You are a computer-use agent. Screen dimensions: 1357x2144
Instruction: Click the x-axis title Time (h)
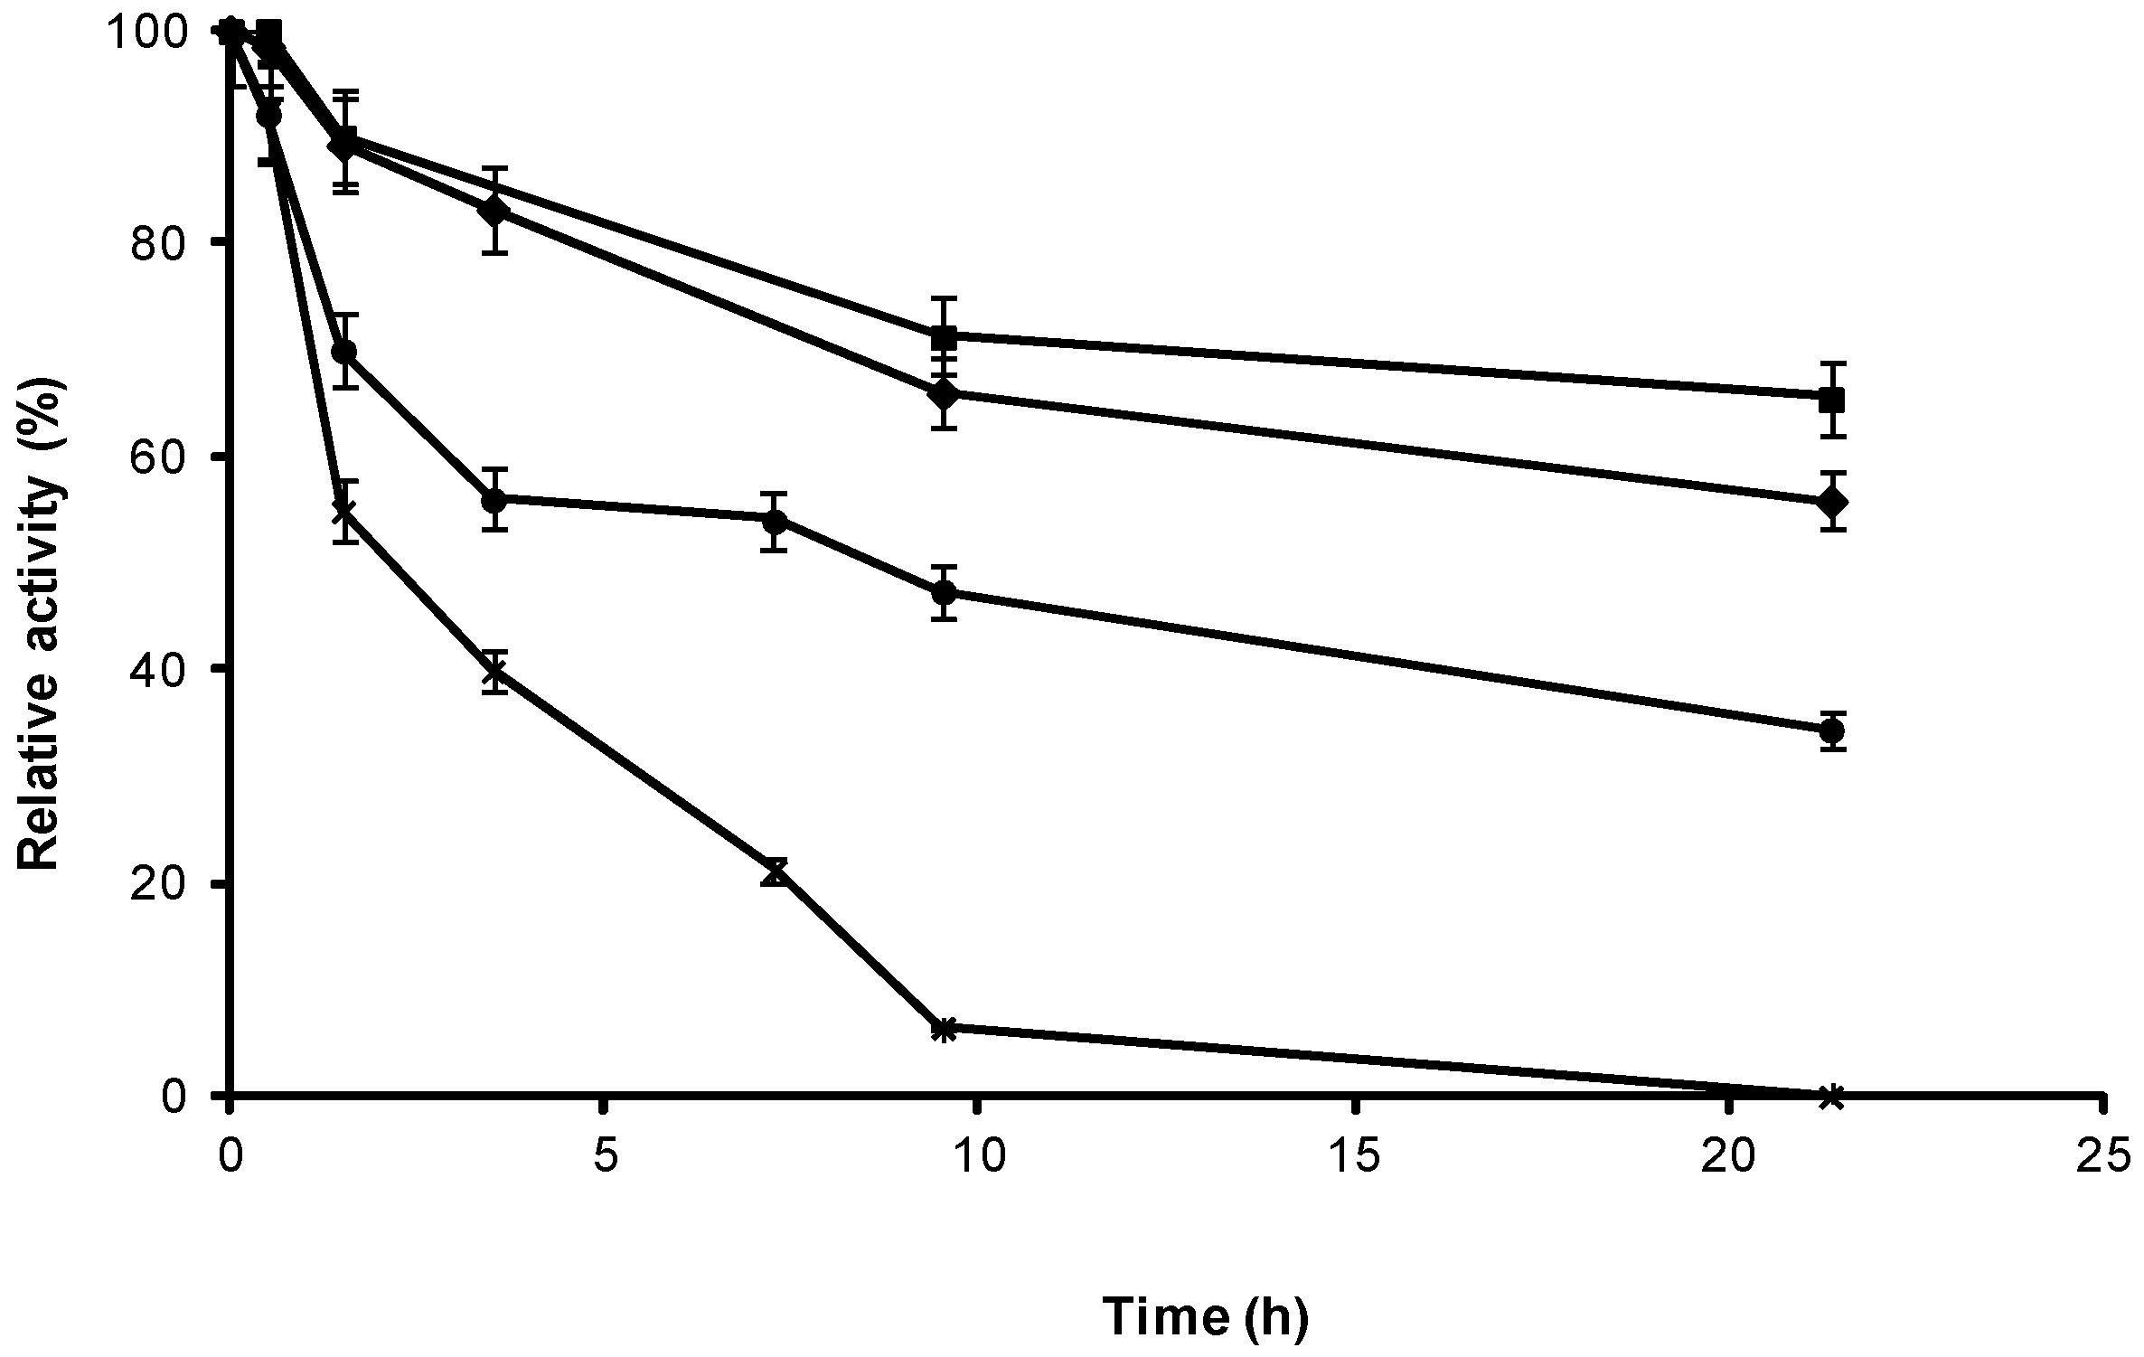(1206, 1318)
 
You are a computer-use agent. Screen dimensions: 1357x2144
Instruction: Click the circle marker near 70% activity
(344, 352)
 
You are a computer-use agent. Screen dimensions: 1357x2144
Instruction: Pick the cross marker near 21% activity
(774, 872)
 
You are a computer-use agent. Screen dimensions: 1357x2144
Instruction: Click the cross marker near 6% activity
(944, 1029)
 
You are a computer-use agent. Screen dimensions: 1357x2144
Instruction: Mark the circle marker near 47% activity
(944, 593)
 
